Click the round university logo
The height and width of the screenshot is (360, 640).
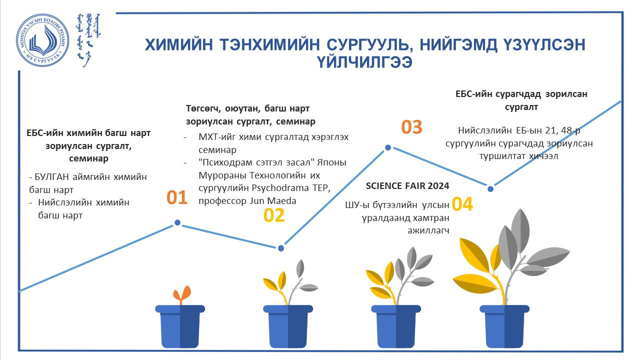point(42,40)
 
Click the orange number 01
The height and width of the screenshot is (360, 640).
point(177,197)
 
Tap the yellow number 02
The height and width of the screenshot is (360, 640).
point(274,215)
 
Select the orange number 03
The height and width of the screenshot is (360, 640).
point(411,127)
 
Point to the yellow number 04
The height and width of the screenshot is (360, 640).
point(462,204)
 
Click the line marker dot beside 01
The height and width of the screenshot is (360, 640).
point(177,222)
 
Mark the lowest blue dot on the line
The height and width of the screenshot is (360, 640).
point(281,248)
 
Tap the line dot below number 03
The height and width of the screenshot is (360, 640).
point(388,147)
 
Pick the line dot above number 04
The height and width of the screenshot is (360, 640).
point(490,189)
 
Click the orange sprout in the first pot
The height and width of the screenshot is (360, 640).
point(182,295)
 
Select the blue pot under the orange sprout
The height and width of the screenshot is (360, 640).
point(180,326)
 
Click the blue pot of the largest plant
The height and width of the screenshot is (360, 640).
point(504,326)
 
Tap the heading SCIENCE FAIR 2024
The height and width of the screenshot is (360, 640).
point(407,186)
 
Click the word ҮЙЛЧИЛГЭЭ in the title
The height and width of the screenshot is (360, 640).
point(364,62)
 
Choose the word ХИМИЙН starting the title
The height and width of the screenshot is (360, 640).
point(179,45)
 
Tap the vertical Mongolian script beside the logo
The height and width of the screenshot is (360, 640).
point(89,39)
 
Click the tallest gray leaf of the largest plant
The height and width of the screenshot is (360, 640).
point(520,230)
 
